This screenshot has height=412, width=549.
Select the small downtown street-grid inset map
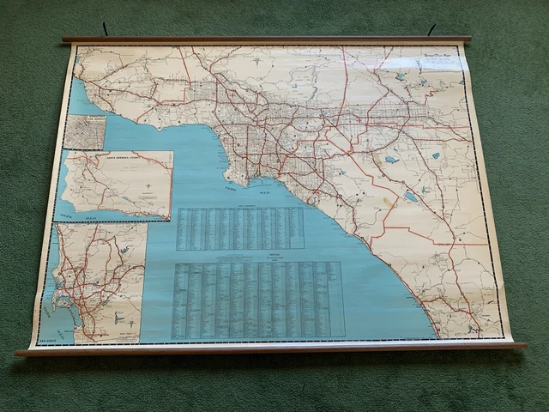(x=85, y=132)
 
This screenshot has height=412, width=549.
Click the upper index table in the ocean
(x=239, y=228)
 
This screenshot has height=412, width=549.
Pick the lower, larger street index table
(x=257, y=299)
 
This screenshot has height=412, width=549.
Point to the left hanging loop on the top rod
(x=105, y=30)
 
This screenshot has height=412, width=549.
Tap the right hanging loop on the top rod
(x=431, y=30)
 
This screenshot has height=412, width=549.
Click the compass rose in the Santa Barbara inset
(x=147, y=184)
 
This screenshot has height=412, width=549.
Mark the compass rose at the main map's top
(x=272, y=61)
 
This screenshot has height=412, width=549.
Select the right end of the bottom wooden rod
(x=522, y=345)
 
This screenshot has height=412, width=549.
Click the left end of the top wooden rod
(x=66, y=39)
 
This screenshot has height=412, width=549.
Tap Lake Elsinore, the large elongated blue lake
(x=410, y=196)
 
